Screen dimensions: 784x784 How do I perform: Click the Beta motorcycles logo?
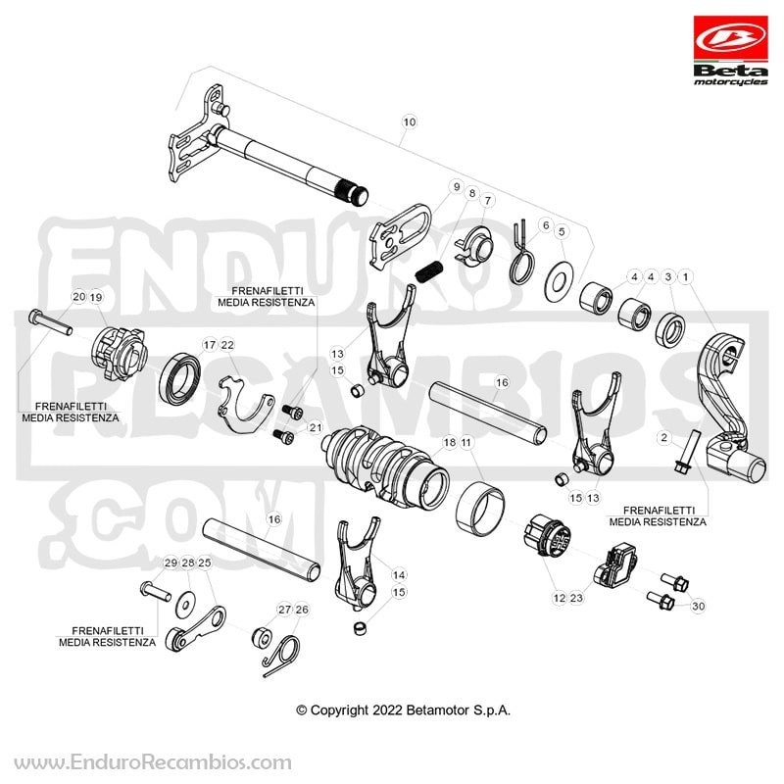[730, 51]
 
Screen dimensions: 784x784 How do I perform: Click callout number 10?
[409, 122]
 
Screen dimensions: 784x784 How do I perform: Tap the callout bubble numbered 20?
[79, 297]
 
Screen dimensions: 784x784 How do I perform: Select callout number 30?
[698, 606]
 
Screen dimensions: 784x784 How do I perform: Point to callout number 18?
[450, 442]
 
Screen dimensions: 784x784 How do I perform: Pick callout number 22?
[227, 345]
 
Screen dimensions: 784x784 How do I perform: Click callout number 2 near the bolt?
[663, 438]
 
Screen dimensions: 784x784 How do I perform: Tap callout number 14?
[399, 575]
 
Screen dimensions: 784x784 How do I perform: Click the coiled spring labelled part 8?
[428, 273]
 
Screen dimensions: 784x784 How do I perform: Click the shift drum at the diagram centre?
[385, 466]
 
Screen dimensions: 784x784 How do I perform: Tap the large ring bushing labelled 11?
[481, 509]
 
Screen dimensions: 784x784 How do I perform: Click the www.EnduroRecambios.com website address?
[153, 763]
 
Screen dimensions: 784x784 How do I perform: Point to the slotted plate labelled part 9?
[401, 235]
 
